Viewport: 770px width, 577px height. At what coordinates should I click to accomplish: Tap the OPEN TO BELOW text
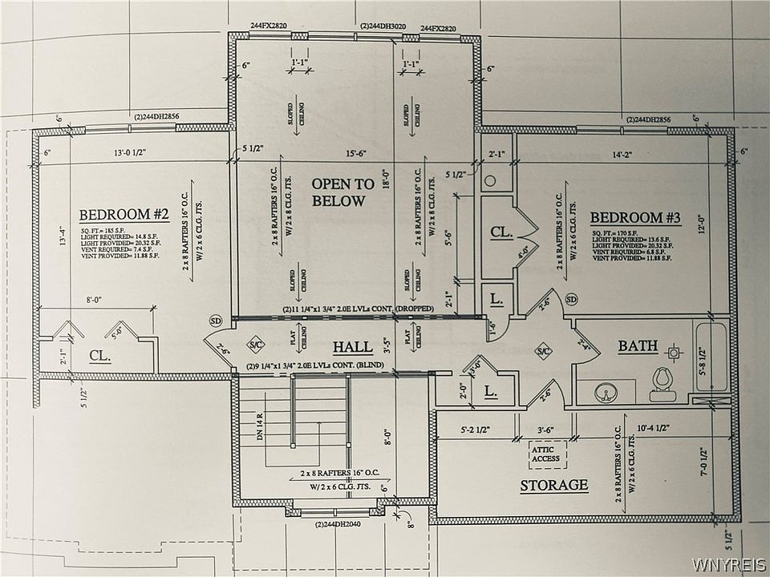pyautogui.click(x=343, y=192)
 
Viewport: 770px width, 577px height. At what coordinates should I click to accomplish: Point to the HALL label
pyautogui.click(x=353, y=347)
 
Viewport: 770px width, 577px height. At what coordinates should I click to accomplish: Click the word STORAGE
pyautogui.click(x=553, y=485)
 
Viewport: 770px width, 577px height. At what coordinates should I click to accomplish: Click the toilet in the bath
pyautogui.click(x=662, y=384)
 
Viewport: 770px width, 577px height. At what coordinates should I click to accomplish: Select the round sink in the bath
pyautogui.click(x=606, y=393)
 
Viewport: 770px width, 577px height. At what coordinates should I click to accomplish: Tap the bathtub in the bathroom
pyautogui.click(x=711, y=357)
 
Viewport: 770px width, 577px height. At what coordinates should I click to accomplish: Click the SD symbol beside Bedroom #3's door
pyautogui.click(x=571, y=300)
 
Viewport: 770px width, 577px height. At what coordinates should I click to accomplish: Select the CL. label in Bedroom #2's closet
pyautogui.click(x=100, y=354)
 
